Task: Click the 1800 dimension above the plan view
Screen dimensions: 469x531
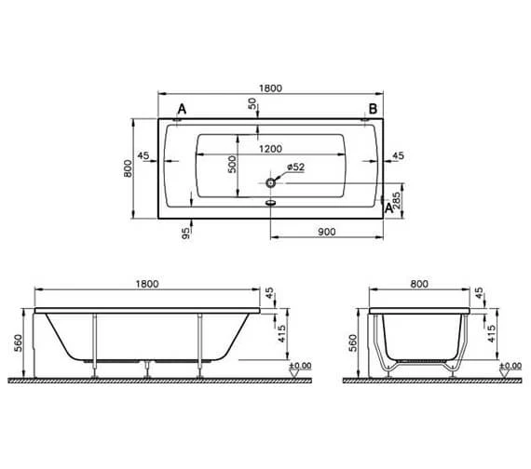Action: [269, 88]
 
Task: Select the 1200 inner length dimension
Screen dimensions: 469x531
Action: [270, 149]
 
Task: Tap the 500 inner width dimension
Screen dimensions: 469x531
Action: [232, 165]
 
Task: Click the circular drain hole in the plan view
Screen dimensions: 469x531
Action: [271, 184]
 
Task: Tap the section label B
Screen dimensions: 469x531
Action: [372, 110]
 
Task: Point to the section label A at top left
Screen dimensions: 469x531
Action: [182, 110]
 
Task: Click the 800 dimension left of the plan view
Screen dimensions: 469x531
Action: [127, 168]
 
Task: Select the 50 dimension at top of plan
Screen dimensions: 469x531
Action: [252, 104]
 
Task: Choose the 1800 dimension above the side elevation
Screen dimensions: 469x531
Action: [147, 284]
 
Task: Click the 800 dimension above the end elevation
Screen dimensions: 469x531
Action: [422, 284]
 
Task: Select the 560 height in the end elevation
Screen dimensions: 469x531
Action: [350, 344]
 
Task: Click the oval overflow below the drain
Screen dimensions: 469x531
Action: [271, 199]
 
